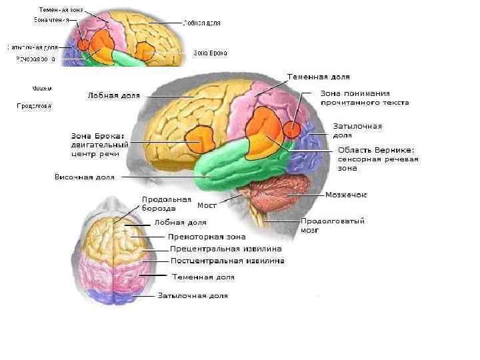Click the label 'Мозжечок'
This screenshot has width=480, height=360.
345,195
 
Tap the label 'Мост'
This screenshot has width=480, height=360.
207,205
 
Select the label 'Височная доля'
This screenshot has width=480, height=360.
84,177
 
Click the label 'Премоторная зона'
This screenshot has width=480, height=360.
207,236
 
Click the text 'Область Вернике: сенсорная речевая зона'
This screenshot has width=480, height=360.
378,159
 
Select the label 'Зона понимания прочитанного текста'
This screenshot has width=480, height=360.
365,98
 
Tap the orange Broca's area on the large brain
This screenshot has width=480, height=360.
199,139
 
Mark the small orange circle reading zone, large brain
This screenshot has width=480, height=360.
292,129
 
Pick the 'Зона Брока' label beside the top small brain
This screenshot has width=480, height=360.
211,52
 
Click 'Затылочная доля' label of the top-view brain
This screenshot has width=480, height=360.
193,295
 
